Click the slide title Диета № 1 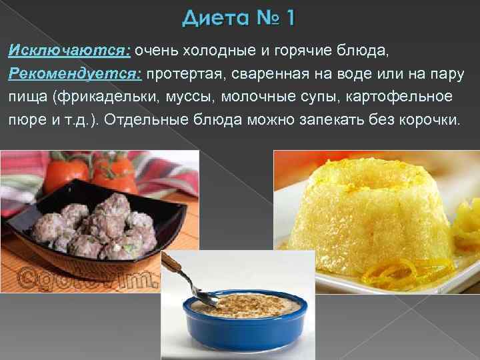(238, 19)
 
